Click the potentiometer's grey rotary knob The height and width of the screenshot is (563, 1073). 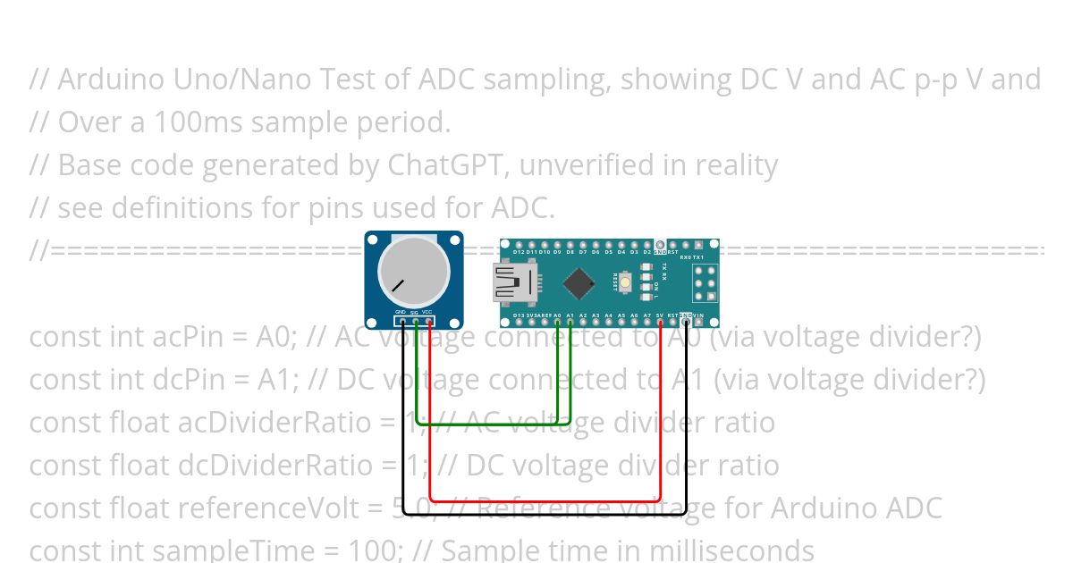point(413,268)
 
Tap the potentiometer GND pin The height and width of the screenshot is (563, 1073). point(402,321)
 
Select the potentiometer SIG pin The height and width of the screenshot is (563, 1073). point(416,321)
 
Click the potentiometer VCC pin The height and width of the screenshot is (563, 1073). point(429,321)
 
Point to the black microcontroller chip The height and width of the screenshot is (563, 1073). point(579,284)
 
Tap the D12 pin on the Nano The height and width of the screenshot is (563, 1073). point(519,245)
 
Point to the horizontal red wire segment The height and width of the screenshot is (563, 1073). point(545,500)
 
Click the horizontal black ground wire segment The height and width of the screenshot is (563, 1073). point(545,514)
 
